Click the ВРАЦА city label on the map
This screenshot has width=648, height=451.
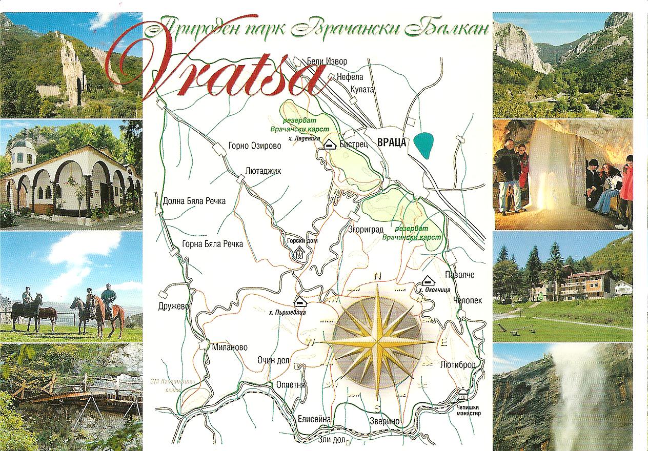391,143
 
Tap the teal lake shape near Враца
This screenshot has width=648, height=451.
426,145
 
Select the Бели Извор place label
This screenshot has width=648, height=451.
327,61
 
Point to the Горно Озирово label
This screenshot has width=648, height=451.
255,146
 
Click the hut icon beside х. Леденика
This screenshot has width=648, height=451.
330,145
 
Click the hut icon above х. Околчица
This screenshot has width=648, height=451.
427,281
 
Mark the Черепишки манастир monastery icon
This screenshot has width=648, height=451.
463,395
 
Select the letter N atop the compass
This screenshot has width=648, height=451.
378,276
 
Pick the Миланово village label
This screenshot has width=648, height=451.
229,347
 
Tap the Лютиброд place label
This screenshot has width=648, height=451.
458,364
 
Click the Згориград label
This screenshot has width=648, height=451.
365,229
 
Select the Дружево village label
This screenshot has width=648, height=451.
174,306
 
